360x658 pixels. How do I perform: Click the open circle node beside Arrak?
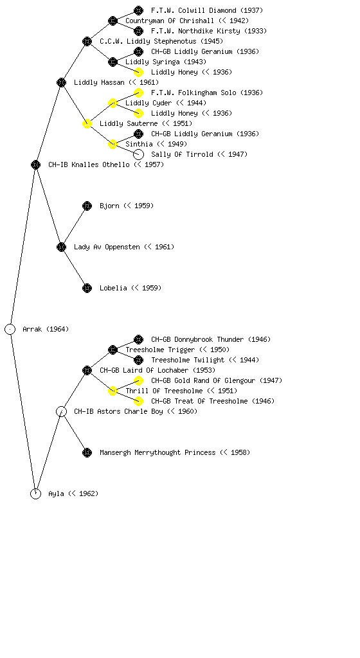(10, 330)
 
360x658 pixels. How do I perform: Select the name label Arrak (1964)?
(46, 330)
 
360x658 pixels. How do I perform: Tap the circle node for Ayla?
(35, 494)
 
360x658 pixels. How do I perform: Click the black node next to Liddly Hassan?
(61, 83)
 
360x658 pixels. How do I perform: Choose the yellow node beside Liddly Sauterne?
(87, 124)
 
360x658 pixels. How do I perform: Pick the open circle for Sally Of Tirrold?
(138, 154)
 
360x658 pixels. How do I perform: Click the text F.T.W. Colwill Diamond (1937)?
(207, 10)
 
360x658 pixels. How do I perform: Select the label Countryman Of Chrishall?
(170, 21)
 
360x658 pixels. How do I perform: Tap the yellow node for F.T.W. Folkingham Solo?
(138, 93)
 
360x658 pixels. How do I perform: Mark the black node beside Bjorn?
(87, 206)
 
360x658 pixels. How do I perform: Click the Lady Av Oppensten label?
(107, 247)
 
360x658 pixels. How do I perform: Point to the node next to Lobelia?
(87, 289)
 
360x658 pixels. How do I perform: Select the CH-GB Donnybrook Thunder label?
(197, 339)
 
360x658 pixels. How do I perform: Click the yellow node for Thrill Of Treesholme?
(113, 391)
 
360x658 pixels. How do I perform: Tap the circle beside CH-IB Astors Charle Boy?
(61, 412)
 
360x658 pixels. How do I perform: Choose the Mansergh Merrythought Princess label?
(157, 453)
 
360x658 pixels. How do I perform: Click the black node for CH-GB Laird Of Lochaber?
(87, 371)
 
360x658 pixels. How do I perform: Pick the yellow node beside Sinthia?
(113, 145)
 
